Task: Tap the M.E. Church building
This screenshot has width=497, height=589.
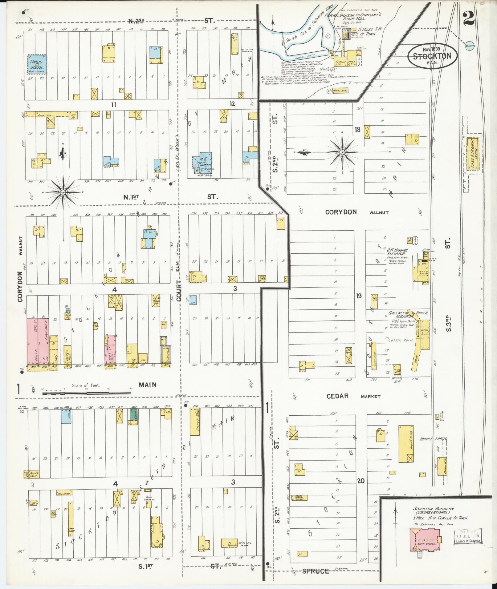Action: tap(202, 162)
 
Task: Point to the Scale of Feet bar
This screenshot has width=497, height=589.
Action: tap(86, 393)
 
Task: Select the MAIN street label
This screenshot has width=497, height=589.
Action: tap(147, 385)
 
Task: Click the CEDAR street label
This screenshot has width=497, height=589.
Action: tap(338, 396)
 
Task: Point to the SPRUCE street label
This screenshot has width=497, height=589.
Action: tap(315, 571)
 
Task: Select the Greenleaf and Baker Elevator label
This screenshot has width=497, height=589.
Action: tap(405, 315)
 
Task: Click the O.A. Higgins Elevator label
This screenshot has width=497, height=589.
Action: tap(397, 252)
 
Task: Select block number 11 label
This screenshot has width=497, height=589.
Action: tap(114, 105)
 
